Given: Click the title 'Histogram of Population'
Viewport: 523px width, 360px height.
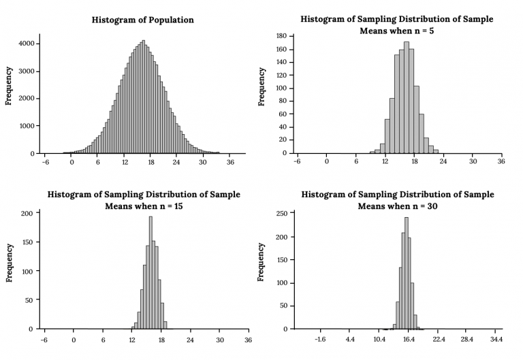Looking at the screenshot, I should [142, 20].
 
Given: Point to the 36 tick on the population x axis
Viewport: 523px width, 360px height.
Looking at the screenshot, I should [231, 163].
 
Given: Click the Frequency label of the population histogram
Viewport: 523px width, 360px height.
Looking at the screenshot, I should [10, 85].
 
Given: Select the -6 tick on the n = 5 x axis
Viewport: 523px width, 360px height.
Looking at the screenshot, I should [297, 163].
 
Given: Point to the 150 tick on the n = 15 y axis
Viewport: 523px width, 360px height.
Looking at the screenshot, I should [26, 242].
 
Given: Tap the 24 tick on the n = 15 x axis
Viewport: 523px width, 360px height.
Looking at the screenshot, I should [190, 338].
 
